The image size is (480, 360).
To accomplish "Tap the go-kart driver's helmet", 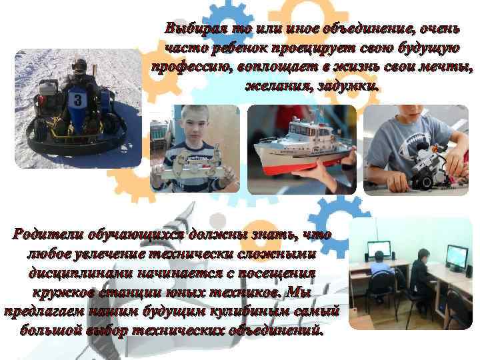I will tap(81, 67).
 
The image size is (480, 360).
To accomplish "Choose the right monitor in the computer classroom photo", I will tap(457, 255).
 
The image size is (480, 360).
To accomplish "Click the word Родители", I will tap(51, 234).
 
